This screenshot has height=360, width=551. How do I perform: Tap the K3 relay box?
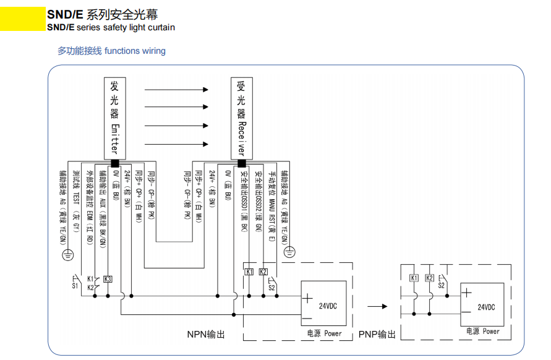pyautogui.click(x=108, y=279)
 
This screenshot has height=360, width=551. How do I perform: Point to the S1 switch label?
pyautogui.click(x=75, y=286)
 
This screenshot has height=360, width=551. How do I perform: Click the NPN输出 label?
pyautogui.click(x=206, y=334)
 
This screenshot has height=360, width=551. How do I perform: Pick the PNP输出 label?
pyautogui.click(x=377, y=334)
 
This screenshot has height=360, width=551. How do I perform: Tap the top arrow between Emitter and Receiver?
pyautogui.click(x=176, y=90)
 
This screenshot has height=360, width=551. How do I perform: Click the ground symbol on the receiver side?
pyautogui.click(x=289, y=252)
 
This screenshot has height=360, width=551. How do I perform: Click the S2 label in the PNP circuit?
pyautogui.click(x=442, y=285)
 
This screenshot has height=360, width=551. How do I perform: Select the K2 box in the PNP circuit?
pyautogui.click(x=429, y=278)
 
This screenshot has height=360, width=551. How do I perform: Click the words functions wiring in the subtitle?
pyautogui.click(x=135, y=51)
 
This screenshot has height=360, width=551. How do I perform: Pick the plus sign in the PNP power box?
pyautogui.click(x=467, y=294)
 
